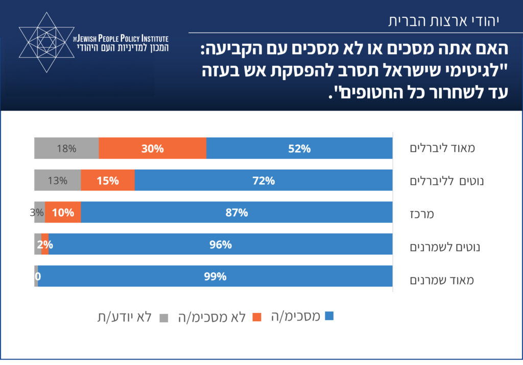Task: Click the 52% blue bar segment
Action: point(299,148)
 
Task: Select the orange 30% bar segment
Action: point(152,148)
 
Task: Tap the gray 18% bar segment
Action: point(66,148)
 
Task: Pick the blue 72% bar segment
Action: point(264,180)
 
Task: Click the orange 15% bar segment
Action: point(108,180)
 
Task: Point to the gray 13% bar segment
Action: point(58,180)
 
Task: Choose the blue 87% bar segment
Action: point(236,213)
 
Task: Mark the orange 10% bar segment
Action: point(63,213)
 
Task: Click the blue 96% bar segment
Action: point(221,245)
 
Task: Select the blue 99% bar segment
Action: point(215,276)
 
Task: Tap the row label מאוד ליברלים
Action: point(442,148)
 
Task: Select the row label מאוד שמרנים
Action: point(442,280)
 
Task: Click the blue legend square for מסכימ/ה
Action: point(329,316)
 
